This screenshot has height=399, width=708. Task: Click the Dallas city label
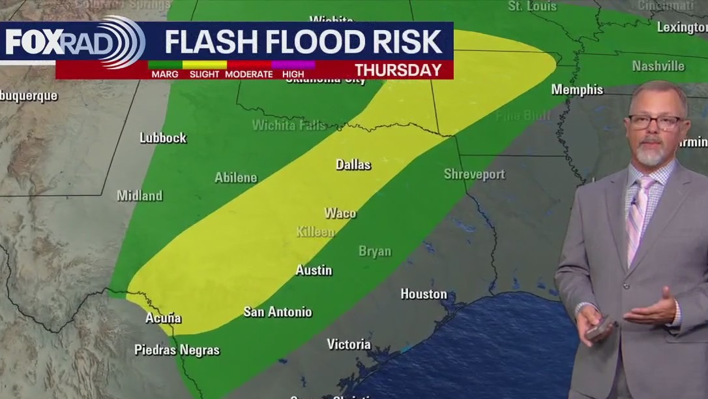pyautogui.click(x=353, y=165)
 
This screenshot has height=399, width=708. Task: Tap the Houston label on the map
pyautogui.click(x=424, y=294)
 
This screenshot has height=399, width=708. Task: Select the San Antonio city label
pyautogui.click(x=278, y=311)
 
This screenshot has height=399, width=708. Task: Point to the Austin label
pyautogui.click(x=314, y=270)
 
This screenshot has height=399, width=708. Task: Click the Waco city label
pyautogui.click(x=340, y=213)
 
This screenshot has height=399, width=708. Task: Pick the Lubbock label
pyautogui.click(x=163, y=138)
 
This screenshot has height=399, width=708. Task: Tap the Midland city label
pyautogui.click(x=140, y=195)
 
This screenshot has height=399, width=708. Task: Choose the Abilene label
pyautogui.click(x=236, y=178)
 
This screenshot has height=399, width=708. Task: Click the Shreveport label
pyautogui.click(x=474, y=174)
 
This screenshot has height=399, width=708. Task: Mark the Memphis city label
pyautogui.click(x=577, y=89)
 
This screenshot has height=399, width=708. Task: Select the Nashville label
pyautogui.click(x=658, y=66)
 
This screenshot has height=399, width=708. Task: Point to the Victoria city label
pyautogui.click(x=349, y=344)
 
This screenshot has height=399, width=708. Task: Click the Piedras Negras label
pyautogui.click(x=177, y=350)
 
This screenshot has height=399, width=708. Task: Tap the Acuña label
pyautogui.click(x=163, y=319)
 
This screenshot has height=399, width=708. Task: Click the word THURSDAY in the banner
pyautogui.click(x=398, y=71)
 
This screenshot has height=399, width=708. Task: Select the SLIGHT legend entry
pyautogui.click(x=204, y=74)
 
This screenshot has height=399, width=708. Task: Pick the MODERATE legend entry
pyautogui.click(x=248, y=74)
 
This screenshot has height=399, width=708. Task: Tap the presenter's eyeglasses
pyautogui.click(x=655, y=122)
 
